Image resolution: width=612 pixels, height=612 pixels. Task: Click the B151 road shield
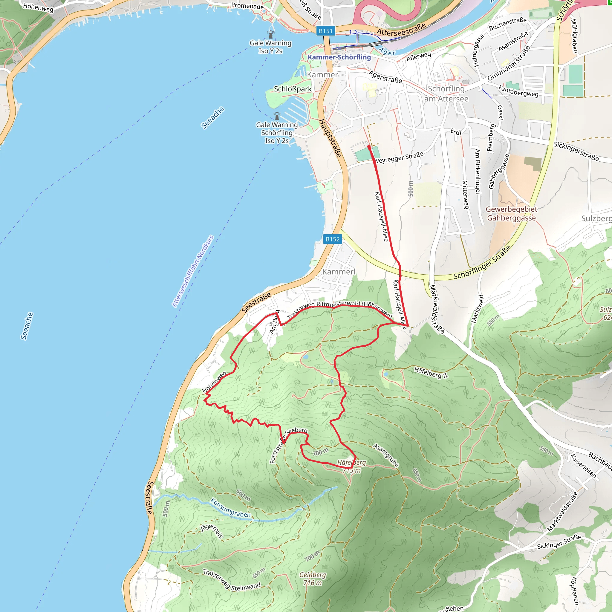[325, 31]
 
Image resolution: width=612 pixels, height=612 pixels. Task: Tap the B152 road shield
[333, 239]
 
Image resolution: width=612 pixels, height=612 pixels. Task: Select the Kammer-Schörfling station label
[339, 57]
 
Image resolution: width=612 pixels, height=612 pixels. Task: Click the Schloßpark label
[293, 89]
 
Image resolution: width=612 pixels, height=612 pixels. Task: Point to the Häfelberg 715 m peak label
[351, 466]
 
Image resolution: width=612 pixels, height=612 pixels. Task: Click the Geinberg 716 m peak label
[312, 579]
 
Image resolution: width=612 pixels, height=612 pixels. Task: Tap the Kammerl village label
[339, 272]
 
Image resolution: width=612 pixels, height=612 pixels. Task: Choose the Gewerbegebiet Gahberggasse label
[511, 213]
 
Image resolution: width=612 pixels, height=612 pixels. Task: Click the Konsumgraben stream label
[231, 508]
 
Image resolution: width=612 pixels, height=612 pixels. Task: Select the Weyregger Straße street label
[399, 157]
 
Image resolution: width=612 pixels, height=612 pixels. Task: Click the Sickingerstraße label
[576, 151]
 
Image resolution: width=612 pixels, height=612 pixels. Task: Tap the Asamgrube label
[386, 455]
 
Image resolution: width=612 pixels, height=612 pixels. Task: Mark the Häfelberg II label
[431, 373]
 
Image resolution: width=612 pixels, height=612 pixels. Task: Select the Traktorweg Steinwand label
[232, 581]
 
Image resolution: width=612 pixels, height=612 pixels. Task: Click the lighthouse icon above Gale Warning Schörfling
[277, 116]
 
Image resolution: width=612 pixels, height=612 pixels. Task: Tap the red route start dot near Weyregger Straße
[369, 147]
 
